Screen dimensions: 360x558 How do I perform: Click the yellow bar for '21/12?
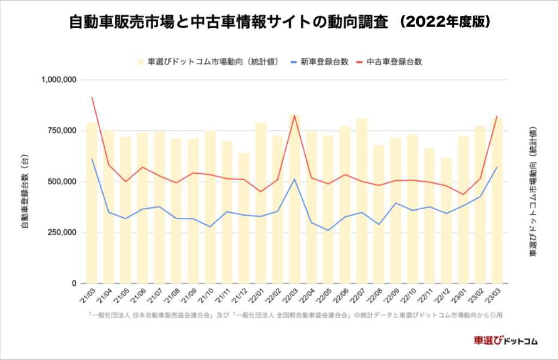click(x=244, y=218)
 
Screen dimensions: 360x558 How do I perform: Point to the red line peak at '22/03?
click(x=294, y=115)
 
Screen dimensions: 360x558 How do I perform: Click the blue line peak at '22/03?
click(x=294, y=179)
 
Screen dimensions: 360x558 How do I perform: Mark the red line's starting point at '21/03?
click(x=92, y=97)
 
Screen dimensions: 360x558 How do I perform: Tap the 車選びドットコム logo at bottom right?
click(x=506, y=341)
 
